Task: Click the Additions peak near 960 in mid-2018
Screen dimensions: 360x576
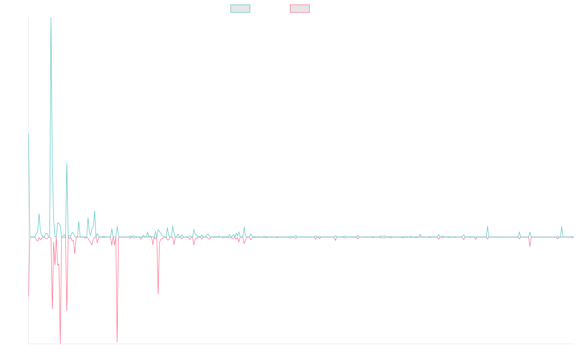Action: coord(67,164)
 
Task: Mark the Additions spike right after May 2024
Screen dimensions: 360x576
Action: coord(488,226)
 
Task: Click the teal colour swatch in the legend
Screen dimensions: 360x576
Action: coord(240,9)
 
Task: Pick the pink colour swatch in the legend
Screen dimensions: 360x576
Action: coord(300,9)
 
